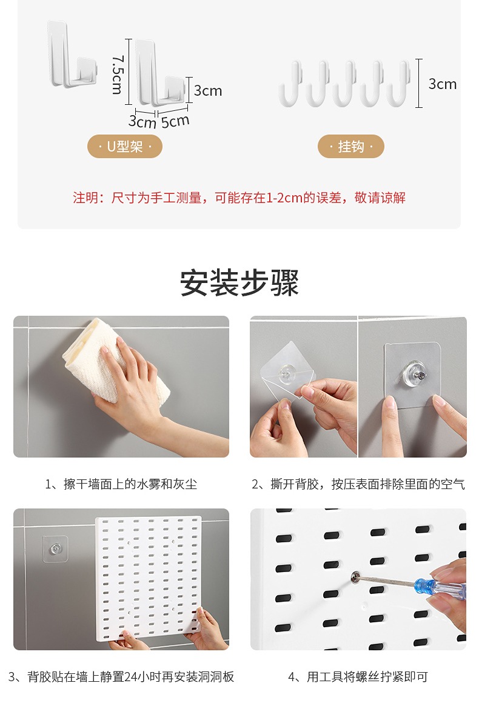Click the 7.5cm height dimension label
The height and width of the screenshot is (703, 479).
click(117, 75)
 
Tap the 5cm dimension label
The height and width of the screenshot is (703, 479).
click(175, 121)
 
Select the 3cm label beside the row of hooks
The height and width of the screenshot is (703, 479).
click(442, 84)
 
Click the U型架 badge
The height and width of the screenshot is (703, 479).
click(125, 146)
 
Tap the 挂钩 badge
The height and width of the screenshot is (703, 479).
click(350, 146)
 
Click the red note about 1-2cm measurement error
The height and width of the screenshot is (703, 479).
click(239, 198)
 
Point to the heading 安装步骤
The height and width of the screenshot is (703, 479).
click(239, 282)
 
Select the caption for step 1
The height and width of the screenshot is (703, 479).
click(121, 484)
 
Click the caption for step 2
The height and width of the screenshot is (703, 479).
click(358, 484)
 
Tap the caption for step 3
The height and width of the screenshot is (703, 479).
click(121, 676)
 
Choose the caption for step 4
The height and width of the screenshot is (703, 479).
click(358, 676)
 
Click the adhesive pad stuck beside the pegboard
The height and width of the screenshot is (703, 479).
click(55, 548)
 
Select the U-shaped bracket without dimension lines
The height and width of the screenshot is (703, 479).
click(72, 55)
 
